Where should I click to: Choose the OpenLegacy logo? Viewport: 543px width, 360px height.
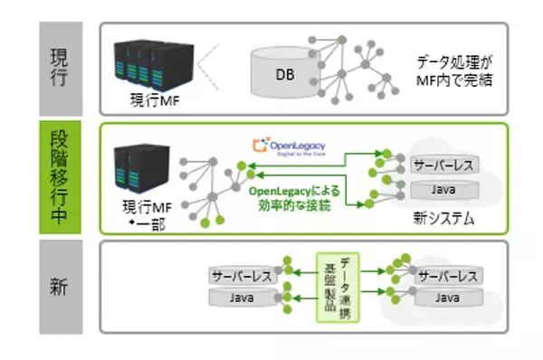tap(290, 147)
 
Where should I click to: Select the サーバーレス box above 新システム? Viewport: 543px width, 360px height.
tap(440, 168)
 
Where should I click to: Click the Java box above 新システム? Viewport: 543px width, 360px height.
tap(440, 190)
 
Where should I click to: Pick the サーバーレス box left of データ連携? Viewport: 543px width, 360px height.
tap(241, 275)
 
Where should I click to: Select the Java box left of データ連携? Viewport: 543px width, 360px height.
tap(241, 297)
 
